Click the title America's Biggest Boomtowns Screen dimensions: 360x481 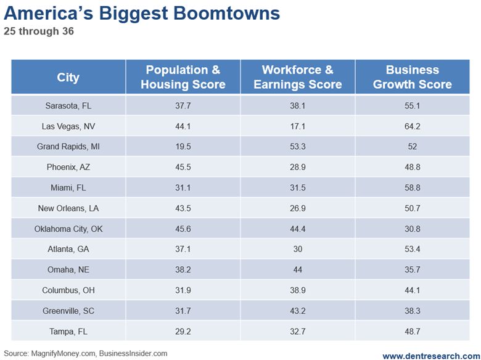pos(141,14)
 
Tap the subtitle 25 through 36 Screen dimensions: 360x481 pos(38,31)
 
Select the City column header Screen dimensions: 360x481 pos(68,77)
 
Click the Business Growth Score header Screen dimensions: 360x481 pos(412,77)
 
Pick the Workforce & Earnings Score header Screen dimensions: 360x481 pos(297,77)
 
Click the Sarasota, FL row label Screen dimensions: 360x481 pos(68,105)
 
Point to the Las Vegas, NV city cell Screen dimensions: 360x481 pos(68,126)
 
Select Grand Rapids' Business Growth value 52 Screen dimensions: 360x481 pos(412,147)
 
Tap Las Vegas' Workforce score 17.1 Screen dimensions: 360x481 pos(297,126)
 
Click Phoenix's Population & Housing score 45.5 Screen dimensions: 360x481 pos(183,167)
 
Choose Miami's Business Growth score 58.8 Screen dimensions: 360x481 pos(412,187)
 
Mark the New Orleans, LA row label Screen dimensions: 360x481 pos(68,208)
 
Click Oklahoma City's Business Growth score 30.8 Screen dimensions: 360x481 pos(412,229)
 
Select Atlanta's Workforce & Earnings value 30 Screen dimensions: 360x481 pos(297,249)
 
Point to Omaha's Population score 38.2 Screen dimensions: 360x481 pos(183,270)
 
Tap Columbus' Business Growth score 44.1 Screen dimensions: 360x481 pos(412,290)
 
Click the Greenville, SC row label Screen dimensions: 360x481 pos(68,311)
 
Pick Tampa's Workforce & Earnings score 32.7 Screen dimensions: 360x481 pos(297,331)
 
